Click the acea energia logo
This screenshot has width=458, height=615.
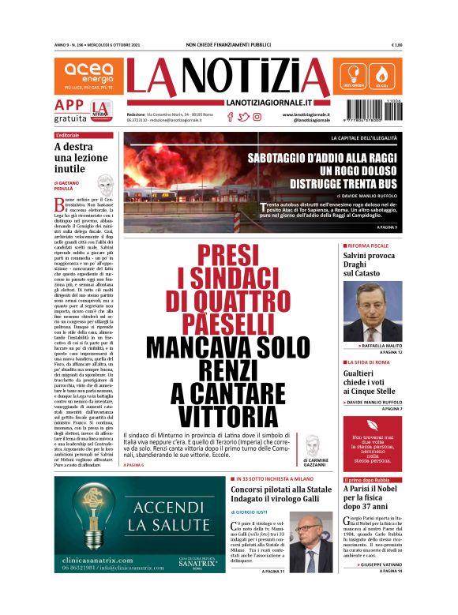[88, 76]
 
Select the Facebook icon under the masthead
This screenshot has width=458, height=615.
[231, 117]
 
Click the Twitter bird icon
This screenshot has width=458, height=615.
[244, 117]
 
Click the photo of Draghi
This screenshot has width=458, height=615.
[372, 310]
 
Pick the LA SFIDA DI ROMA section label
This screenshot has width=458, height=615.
[371, 362]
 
